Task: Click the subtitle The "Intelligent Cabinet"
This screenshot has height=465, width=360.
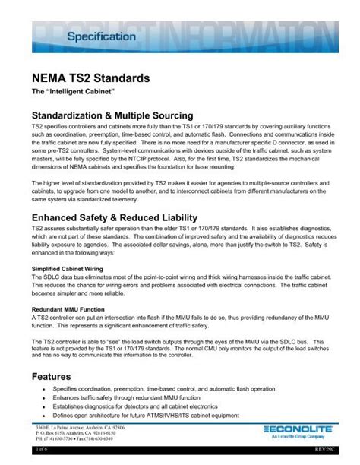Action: [66, 92]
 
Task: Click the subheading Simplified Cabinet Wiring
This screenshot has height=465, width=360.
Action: [68, 270]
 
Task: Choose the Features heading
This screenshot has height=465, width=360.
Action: [52, 376]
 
